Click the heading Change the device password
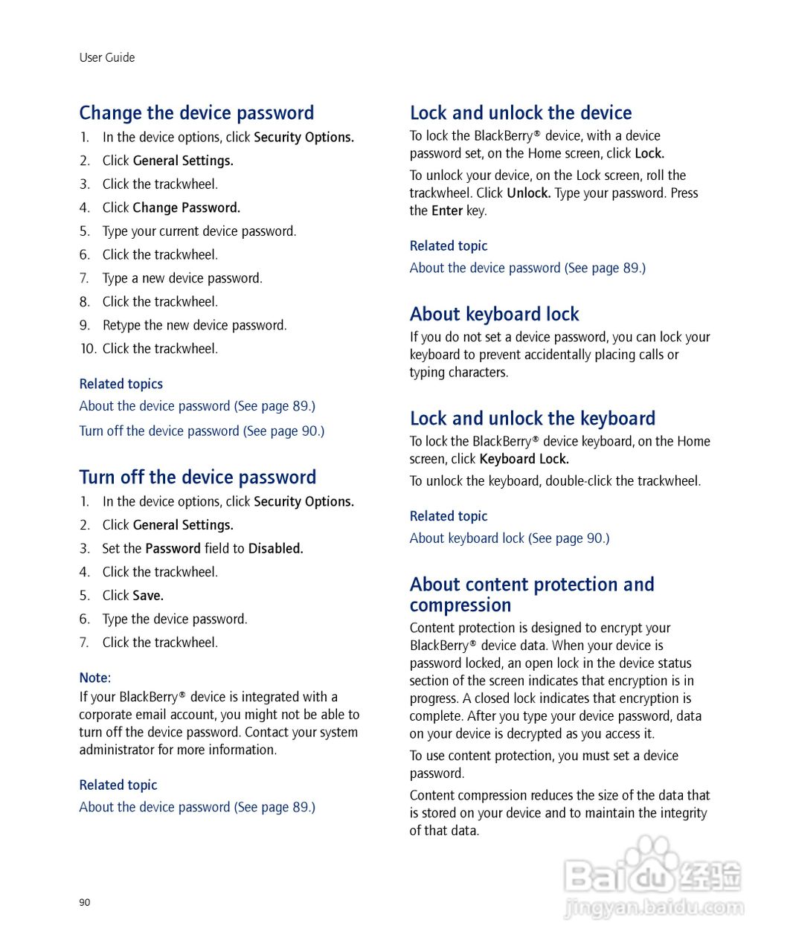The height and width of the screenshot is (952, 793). (x=196, y=113)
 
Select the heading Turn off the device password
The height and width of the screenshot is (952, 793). (x=197, y=477)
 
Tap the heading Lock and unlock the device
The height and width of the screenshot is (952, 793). (x=520, y=113)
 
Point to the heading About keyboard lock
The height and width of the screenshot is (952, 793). (x=494, y=315)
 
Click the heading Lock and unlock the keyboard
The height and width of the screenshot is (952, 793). (x=532, y=419)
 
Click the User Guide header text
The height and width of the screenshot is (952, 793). (x=107, y=58)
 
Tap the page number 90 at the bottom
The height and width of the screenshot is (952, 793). (x=85, y=902)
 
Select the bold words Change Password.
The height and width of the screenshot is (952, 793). (x=186, y=208)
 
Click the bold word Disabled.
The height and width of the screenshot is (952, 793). (x=275, y=549)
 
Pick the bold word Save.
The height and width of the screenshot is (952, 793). (x=148, y=596)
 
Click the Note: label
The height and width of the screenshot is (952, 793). (x=95, y=678)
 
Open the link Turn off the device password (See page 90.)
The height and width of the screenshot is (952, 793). (x=202, y=431)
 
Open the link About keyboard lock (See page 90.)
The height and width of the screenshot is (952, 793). (x=509, y=538)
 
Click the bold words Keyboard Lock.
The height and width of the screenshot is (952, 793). (x=524, y=460)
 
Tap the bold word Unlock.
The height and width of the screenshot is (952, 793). (x=528, y=193)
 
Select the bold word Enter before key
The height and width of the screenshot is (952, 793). (x=447, y=211)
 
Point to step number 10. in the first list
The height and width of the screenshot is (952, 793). (x=89, y=349)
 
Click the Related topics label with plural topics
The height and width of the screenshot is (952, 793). (x=121, y=385)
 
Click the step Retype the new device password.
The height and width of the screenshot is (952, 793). (x=194, y=326)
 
